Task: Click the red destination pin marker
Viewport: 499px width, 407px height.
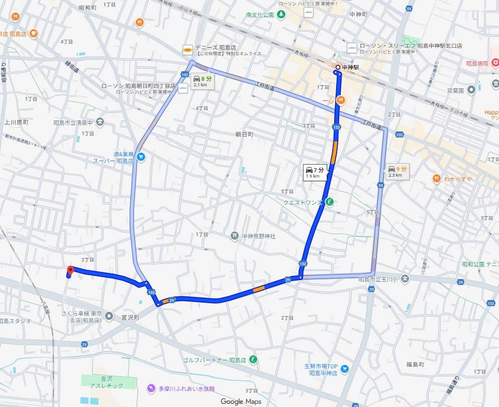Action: click(x=70, y=270)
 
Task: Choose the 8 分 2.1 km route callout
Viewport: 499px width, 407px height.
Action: click(x=203, y=81)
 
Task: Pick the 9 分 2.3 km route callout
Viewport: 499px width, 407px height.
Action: click(x=397, y=172)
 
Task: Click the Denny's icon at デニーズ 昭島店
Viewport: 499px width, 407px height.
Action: click(x=187, y=50)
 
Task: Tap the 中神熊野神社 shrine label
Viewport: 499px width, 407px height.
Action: click(x=259, y=236)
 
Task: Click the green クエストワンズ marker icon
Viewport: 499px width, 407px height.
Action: click(x=329, y=202)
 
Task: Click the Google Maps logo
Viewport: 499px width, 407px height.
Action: click(x=239, y=401)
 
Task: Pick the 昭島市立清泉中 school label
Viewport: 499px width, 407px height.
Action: click(x=73, y=122)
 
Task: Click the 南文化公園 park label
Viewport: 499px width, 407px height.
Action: click(x=260, y=15)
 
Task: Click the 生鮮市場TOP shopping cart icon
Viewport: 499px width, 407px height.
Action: click(x=344, y=369)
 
